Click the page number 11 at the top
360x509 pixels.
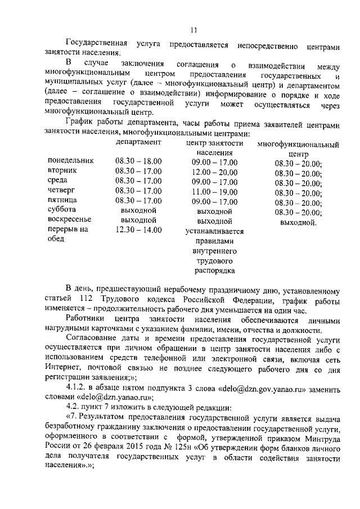(193, 30)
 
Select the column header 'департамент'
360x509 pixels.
(138, 143)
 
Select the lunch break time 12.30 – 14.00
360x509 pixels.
(138, 229)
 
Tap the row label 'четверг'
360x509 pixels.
(62, 191)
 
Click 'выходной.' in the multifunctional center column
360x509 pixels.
(298, 222)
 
